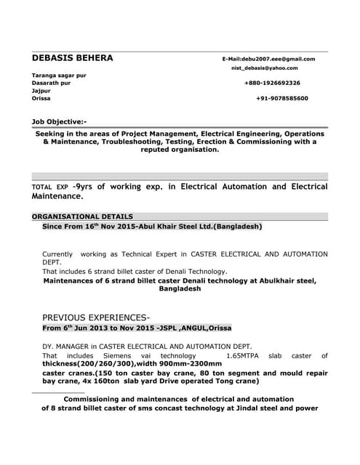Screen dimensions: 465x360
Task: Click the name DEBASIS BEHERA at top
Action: tap(73, 58)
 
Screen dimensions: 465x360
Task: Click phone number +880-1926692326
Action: tap(272, 83)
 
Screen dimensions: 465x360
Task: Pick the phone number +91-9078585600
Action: tap(282, 98)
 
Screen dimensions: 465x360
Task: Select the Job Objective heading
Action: tap(59, 121)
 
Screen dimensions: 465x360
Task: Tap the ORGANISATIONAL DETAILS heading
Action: tap(82, 217)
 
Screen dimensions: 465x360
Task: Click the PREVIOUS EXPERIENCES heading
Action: tap(96, 318)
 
